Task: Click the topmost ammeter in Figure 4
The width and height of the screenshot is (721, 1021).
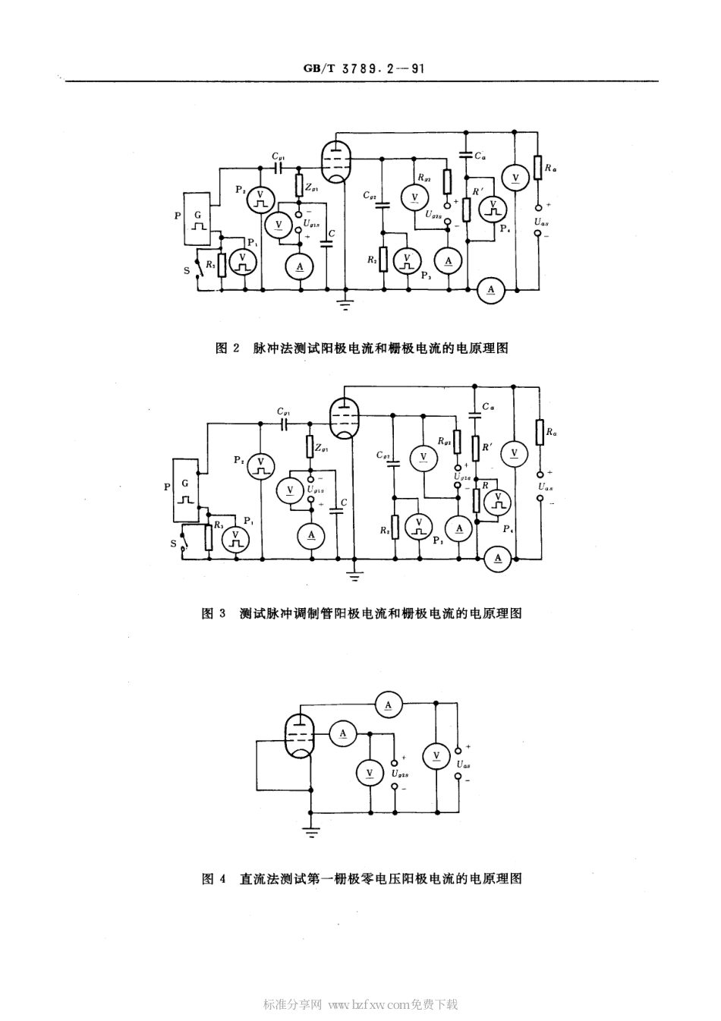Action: click(389, 705)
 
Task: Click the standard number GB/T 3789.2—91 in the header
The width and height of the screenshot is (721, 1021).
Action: click(363, 68)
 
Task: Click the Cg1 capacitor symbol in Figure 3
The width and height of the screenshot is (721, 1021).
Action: click(285, 424)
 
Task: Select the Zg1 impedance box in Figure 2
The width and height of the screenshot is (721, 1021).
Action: click(298, 184)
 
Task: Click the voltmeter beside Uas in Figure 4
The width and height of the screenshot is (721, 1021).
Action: click(436, 755)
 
